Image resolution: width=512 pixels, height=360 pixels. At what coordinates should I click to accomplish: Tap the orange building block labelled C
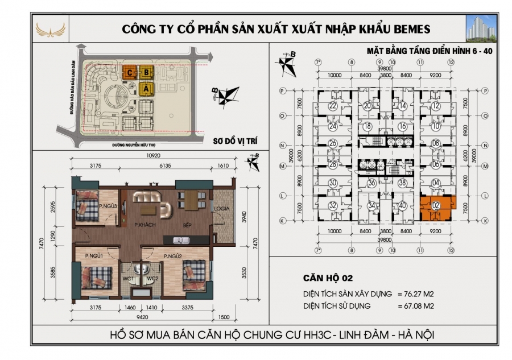pyautogui.click(x=130, y=72)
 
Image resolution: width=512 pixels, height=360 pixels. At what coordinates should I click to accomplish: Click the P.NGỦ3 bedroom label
pyautogui.click(x=108, y=205)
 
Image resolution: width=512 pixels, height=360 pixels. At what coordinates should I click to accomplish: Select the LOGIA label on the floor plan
pyautogui.click(x=222, y=209)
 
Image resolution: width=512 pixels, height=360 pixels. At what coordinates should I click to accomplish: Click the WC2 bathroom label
pyautogui.click(x=152, y=278)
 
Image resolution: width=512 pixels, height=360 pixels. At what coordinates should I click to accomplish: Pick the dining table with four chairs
pyautogui.click(x=190, y=200)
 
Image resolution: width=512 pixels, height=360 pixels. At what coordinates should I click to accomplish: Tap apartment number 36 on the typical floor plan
pyautogui.click(x=371, y=183)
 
